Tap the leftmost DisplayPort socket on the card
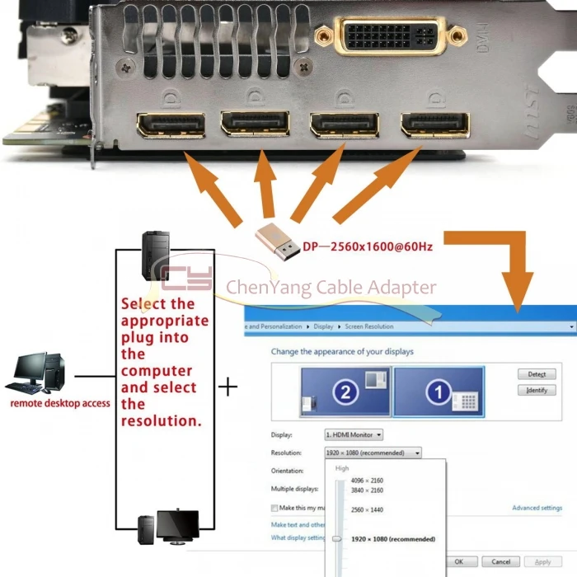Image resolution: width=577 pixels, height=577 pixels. (x=171, y=125)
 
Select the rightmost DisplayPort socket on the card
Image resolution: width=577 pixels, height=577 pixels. (x=434, y=125)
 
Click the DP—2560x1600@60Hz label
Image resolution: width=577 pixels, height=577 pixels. (x=368, y=246)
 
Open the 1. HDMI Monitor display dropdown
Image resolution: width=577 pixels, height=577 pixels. (x=354, y=434)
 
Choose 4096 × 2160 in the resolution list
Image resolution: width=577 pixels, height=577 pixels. (x=367, y=481)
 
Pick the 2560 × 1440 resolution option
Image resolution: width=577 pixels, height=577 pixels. (x=367, y=510)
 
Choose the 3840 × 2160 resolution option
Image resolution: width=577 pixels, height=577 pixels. (x=367, y=490)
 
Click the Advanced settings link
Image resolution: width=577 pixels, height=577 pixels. (x=537, y=509)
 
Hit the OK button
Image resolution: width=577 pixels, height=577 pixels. (x=459, y=561)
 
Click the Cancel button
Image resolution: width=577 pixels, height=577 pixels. (x=500, y=561)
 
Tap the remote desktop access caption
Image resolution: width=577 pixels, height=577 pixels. (x=60, y=404)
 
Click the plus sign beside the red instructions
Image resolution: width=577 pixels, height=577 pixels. (x=228, y=386)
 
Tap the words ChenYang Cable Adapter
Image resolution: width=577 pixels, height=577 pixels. (x=330, y=288)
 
